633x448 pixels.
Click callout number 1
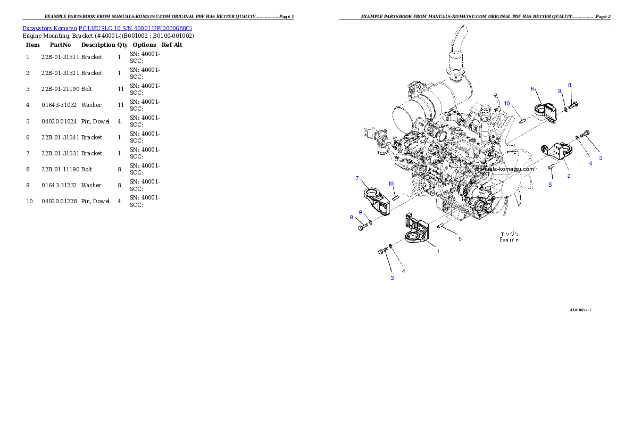pyautogui.click(x=438, y=251)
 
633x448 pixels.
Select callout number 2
pyautogui.click(x=568, y=176)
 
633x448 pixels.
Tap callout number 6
pyautogui.click(x=532, y=89)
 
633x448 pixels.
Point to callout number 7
pyautogui.click(x=357, y=178)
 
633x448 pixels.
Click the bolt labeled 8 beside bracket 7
pyautogui.click(x=361, y=228)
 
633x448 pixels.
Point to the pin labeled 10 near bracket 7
pyautogui.click(x=396, y=197)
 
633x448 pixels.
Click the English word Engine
pyautogui.click(x=509, y=240)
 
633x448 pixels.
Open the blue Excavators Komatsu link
pyautogui.click(x=107, y=28)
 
